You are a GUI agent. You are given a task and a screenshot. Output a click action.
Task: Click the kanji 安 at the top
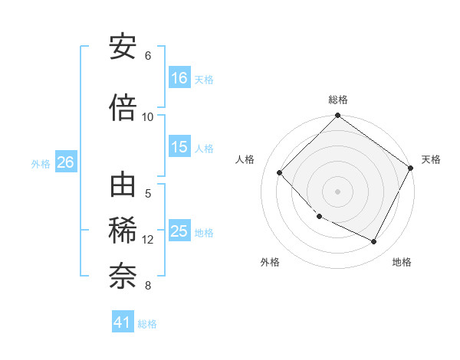tap(123, 47)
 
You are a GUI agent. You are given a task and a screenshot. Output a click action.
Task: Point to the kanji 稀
tap(123, 231)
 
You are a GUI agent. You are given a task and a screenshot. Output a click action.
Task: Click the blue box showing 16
tap(179, 78)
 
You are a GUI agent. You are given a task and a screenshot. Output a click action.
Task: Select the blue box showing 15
tap(179, 147)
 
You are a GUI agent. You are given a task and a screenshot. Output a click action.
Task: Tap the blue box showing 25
tap(179, 231)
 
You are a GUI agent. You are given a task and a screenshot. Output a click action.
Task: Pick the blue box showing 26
tap(66, 162)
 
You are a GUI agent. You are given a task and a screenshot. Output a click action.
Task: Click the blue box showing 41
tap(123, 322)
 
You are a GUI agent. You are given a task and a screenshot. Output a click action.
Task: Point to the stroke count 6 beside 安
tap(148, 56)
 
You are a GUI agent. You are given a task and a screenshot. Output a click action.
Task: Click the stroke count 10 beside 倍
tap(148, 116)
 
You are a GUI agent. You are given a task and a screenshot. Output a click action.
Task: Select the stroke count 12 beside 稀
tap(148, 240)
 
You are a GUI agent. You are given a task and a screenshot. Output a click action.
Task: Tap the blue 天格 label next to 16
tap(204, 79)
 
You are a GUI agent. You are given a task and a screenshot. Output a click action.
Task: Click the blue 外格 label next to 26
tap(41, 163)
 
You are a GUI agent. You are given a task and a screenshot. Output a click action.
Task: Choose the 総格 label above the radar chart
tap(338, 100)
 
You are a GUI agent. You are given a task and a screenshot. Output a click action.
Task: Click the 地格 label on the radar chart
tap(402, 262)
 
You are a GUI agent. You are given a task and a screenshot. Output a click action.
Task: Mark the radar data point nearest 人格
tap(280, 173)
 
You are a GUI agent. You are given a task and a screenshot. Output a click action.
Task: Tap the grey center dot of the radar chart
tap(337, 191)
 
